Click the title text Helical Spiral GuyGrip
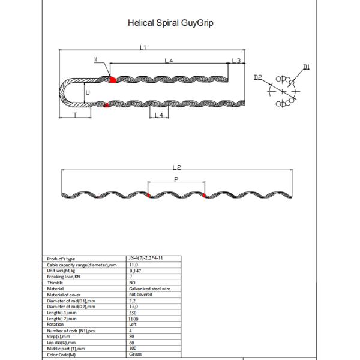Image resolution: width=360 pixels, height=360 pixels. (171, 23)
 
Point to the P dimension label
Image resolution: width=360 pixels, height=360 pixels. (175, 179)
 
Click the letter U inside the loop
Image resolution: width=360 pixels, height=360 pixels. (87, 92)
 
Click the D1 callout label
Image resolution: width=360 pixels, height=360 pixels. (306, 68)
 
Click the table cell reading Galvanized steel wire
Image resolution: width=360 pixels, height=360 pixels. (148, 289)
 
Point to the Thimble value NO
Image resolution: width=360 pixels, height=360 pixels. (133, 283)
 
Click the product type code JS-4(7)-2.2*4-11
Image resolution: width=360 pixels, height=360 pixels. (146, 257)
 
